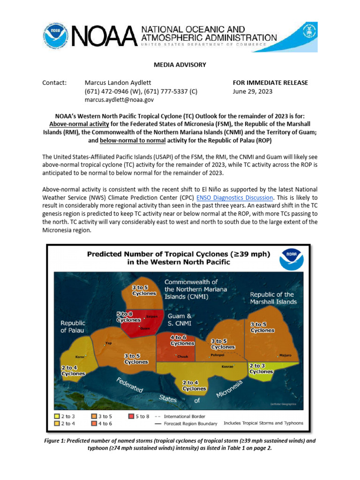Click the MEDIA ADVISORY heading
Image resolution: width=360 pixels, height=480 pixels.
coord(180,65)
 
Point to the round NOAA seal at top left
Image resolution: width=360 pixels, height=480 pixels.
coord(55,34)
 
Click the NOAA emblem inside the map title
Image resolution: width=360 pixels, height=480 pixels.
coord(292,259)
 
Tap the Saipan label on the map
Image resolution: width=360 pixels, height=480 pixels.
coord(151,316)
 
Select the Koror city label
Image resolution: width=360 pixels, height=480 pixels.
coord(80,357)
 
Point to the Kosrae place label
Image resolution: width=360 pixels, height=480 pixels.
coord(227,367)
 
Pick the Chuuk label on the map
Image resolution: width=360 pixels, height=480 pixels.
coord(183,357)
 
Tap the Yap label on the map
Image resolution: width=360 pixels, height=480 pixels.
coord(109,343)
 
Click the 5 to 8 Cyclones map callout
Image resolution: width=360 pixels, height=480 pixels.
coord(128,316)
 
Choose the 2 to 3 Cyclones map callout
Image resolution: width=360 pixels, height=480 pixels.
coord(261,368)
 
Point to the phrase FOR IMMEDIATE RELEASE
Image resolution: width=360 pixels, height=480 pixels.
coord(270,83)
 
